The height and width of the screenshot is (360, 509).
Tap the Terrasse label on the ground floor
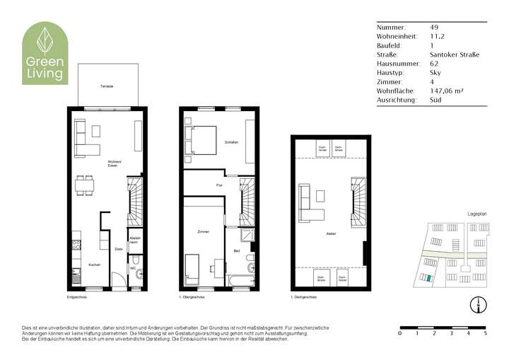click(x=107, y=86)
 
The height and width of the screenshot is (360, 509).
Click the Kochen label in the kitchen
click(x=93, y=265)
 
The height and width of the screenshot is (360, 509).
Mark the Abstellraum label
click(x=135, y=240)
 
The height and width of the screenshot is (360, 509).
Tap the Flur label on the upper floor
click(x=219, y=185)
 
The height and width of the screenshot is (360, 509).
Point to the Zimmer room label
click(x=203, y=232)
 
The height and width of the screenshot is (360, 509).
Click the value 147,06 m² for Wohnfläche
click(x=446, y=91)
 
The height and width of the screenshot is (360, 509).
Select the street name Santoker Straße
click(x=454, y=54)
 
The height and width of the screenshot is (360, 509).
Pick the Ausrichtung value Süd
click(x=435, y=100)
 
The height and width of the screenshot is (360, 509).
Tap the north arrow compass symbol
click(x=479, y=305)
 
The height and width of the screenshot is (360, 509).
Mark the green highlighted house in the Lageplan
click(x=426, y=278)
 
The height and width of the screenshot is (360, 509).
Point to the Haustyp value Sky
click(x=435, y=72)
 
